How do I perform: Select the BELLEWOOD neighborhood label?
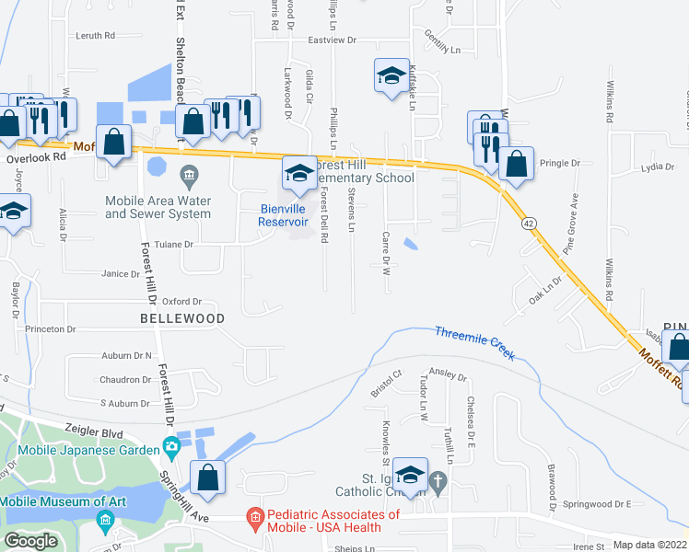pyautogui.click(x=182, y=318)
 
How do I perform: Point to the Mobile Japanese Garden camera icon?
pyautogui.click(x=171, y=448)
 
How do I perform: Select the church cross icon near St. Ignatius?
pyautogui.click(x=438, y=479)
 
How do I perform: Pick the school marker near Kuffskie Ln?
pyautogui.click(x=392, y=76)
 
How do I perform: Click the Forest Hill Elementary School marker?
pyautogui.click(x=299, y=175)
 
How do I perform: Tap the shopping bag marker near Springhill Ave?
pyautogui.click(x=208, y=478)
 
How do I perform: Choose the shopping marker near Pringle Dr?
pyautogui.click(x=517, y=165)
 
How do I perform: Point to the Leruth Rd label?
pyautogui.click(x=96, y=36)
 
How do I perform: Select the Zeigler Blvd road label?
pyautogui.click(x=95, y=430)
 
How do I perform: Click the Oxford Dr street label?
pyautogui.click(x=181, y=301)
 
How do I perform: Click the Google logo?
pyautogui.click(x=31, y=541)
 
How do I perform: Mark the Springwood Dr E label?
pyautogui.click(x=596, y=504)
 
